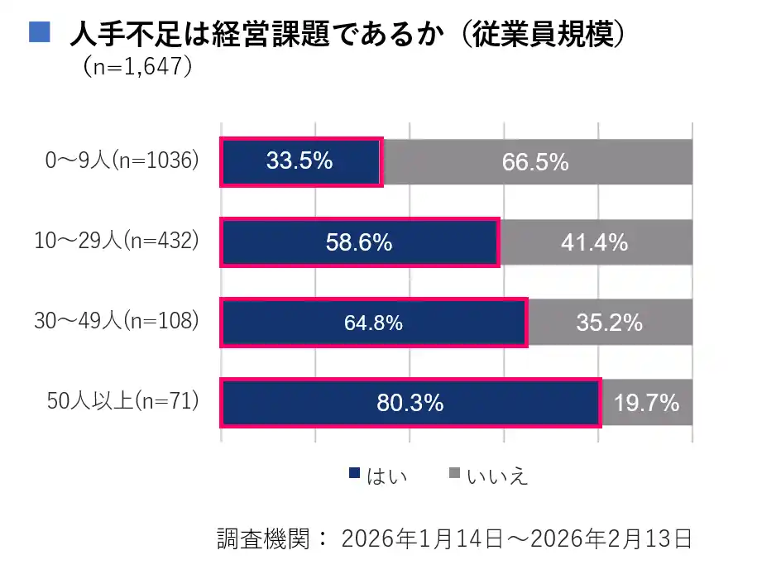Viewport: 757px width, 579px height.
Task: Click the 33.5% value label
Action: click(299, 161)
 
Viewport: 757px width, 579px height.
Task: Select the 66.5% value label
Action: click(535, 162)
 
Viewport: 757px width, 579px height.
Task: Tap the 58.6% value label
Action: click(358, 242)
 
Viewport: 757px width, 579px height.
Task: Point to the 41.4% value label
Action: click(594, 242)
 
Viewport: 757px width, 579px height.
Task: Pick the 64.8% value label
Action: click(373, 323)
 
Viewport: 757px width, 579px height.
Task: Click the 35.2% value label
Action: click(609, 323)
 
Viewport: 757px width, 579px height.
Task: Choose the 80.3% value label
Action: click(410, 404)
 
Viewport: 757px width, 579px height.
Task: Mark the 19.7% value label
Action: click(646, 404)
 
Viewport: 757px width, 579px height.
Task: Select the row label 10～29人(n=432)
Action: click(117, 241)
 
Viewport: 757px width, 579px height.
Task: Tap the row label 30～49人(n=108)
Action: click(117, 321)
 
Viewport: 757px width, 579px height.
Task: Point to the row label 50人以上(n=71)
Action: click(123, 402)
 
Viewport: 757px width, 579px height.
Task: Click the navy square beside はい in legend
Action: click(355, 475)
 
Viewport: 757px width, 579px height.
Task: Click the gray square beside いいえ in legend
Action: click(453, 475)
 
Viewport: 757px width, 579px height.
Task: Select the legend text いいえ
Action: click(497, 476)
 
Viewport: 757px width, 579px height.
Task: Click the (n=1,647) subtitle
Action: click(138, 66)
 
